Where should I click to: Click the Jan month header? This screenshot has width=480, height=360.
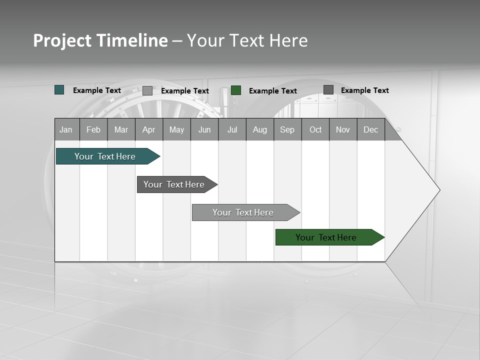tap(66, 129)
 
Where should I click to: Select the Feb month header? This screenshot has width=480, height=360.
tap(93, 129)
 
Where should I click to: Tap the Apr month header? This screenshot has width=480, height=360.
tap(148, 129)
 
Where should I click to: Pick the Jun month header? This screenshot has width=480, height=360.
tap(204, 129)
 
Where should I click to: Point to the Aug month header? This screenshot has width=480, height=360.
tap(259, 129)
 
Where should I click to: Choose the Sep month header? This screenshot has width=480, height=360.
tap(287, 129)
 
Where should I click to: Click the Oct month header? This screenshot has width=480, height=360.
tap(315, 129)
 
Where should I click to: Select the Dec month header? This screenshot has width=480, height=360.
tap(370, 129)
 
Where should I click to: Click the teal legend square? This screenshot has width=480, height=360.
tap(59, 90)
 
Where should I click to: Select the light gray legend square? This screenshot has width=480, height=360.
tap(147, 90)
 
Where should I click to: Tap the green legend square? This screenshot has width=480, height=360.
tap(236, 90)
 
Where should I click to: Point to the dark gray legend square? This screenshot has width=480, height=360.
tap(328, 90)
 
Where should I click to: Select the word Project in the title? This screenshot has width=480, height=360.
tap(62, 40)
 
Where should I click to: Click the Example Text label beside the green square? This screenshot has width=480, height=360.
tap(273, 90)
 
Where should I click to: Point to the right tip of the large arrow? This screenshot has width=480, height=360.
tap(439, 190)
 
